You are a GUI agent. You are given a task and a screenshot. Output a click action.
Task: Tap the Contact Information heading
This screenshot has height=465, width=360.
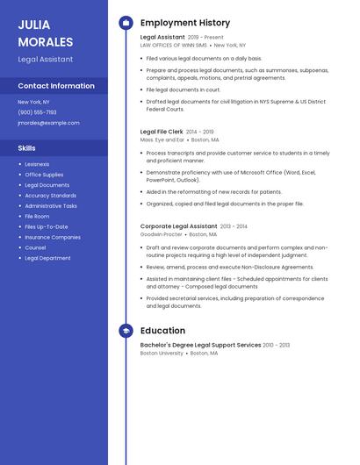click(x=56, y=86)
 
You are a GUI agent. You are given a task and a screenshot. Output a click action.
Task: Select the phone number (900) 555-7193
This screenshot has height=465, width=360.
click(x=37, y=112)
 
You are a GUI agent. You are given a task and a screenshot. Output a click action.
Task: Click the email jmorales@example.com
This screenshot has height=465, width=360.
click(x=48, y=123)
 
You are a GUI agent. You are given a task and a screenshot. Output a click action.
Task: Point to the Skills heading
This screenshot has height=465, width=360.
click(x=27, y=148)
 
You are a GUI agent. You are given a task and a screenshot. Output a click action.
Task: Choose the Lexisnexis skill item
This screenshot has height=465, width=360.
click(x=37, y=164)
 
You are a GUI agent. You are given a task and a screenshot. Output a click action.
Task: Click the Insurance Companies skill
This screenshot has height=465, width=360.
click(x=53, y=237)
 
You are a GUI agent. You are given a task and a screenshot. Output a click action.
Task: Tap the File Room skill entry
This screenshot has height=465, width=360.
click(x=37, y=216)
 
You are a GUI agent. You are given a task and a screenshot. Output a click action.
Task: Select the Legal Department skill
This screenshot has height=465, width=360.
click(x=47, y=258)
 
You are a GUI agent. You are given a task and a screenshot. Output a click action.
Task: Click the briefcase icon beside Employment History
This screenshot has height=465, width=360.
click(x=126, y=23)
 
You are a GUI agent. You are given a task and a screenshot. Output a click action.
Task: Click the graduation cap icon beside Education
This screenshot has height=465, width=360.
click(x=126, y=331)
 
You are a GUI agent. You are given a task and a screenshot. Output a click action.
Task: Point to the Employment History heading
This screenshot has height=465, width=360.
click(x=185, y=23)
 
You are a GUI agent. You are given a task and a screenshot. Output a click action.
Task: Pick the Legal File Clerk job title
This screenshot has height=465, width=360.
click(x=162, y=132)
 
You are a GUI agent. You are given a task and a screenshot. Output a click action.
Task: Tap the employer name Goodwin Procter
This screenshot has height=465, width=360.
click(x=162, y=234)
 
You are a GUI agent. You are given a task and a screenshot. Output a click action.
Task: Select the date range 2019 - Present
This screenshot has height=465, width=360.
click(x=205, y=38)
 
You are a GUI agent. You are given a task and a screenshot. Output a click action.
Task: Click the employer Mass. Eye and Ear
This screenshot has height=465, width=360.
click(x=162, y=139)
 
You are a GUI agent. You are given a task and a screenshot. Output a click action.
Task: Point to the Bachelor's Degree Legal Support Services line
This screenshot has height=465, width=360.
click(x=200, y=345)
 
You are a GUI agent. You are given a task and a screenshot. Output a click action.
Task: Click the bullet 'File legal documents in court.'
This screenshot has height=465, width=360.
click(x=184, y=89)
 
